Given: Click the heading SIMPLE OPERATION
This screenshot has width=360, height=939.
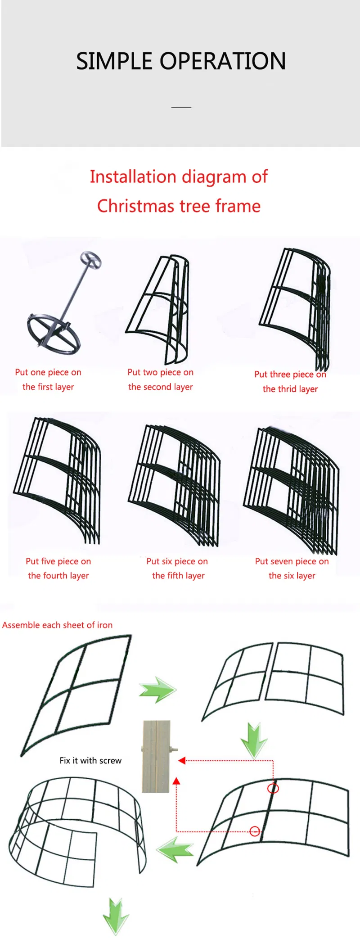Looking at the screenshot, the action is pos(181,61).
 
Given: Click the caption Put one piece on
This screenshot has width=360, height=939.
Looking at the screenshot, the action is pos(48,372).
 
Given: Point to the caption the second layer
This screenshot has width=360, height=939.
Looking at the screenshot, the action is pos(161,387).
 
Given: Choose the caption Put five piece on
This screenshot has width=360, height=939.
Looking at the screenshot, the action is pos(58,561).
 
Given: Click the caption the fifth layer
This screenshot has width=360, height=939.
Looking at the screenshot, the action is pos(178,576).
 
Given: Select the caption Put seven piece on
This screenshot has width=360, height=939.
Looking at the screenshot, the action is pos(292,561).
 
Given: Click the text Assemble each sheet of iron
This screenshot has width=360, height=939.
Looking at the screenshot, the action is pos(58,625).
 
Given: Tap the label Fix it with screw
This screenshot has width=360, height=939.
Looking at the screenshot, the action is pos(90,760).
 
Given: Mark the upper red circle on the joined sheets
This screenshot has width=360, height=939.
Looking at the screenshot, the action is pos(273,788).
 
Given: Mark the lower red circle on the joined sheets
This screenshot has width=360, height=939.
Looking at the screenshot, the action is pos(255,831).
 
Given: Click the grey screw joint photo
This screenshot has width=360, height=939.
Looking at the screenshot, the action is pos(157,756).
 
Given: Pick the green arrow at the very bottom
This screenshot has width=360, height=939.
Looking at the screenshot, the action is pos(116,916).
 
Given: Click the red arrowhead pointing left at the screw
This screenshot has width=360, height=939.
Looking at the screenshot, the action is pos(182,760).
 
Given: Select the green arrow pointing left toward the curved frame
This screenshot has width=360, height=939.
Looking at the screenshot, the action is pos(175,850).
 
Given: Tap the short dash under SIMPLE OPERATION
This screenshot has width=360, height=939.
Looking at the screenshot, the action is pos(181,108).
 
